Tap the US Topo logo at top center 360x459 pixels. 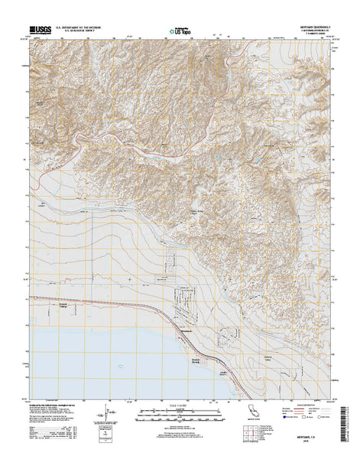coord(180,31)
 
